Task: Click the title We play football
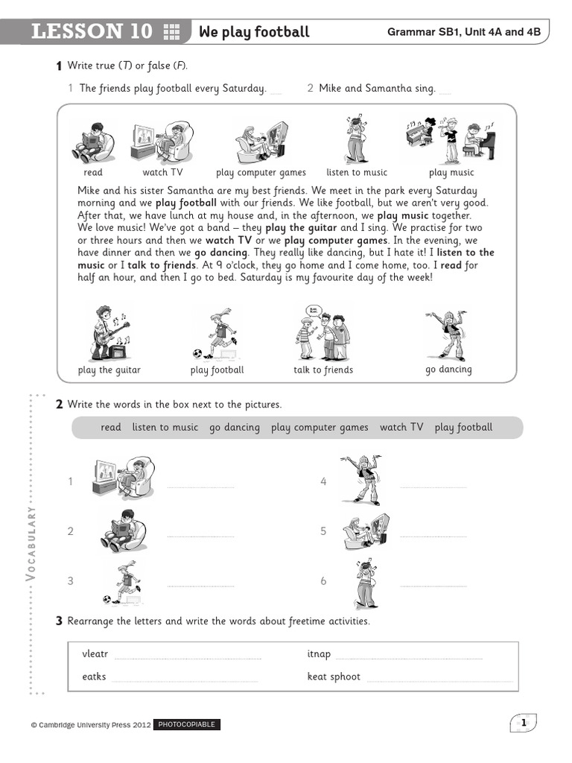point(253,31)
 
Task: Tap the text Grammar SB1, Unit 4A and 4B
point(463,32)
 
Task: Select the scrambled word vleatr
point(95,654)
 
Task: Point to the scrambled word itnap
point(319,654)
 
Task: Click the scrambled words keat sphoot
point(334,677)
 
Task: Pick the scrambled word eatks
point(94,677)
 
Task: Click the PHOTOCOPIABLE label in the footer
point(186,724)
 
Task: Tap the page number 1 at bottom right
point(524,723)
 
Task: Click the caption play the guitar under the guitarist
point(109,370)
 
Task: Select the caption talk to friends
point(323,370)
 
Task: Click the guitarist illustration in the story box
point(109,333)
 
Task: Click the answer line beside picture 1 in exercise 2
point(200,487)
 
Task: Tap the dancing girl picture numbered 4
point(360,479)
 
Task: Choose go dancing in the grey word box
point(235,428)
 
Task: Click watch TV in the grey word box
point(401,428)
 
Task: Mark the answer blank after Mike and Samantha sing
point(445,92)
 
